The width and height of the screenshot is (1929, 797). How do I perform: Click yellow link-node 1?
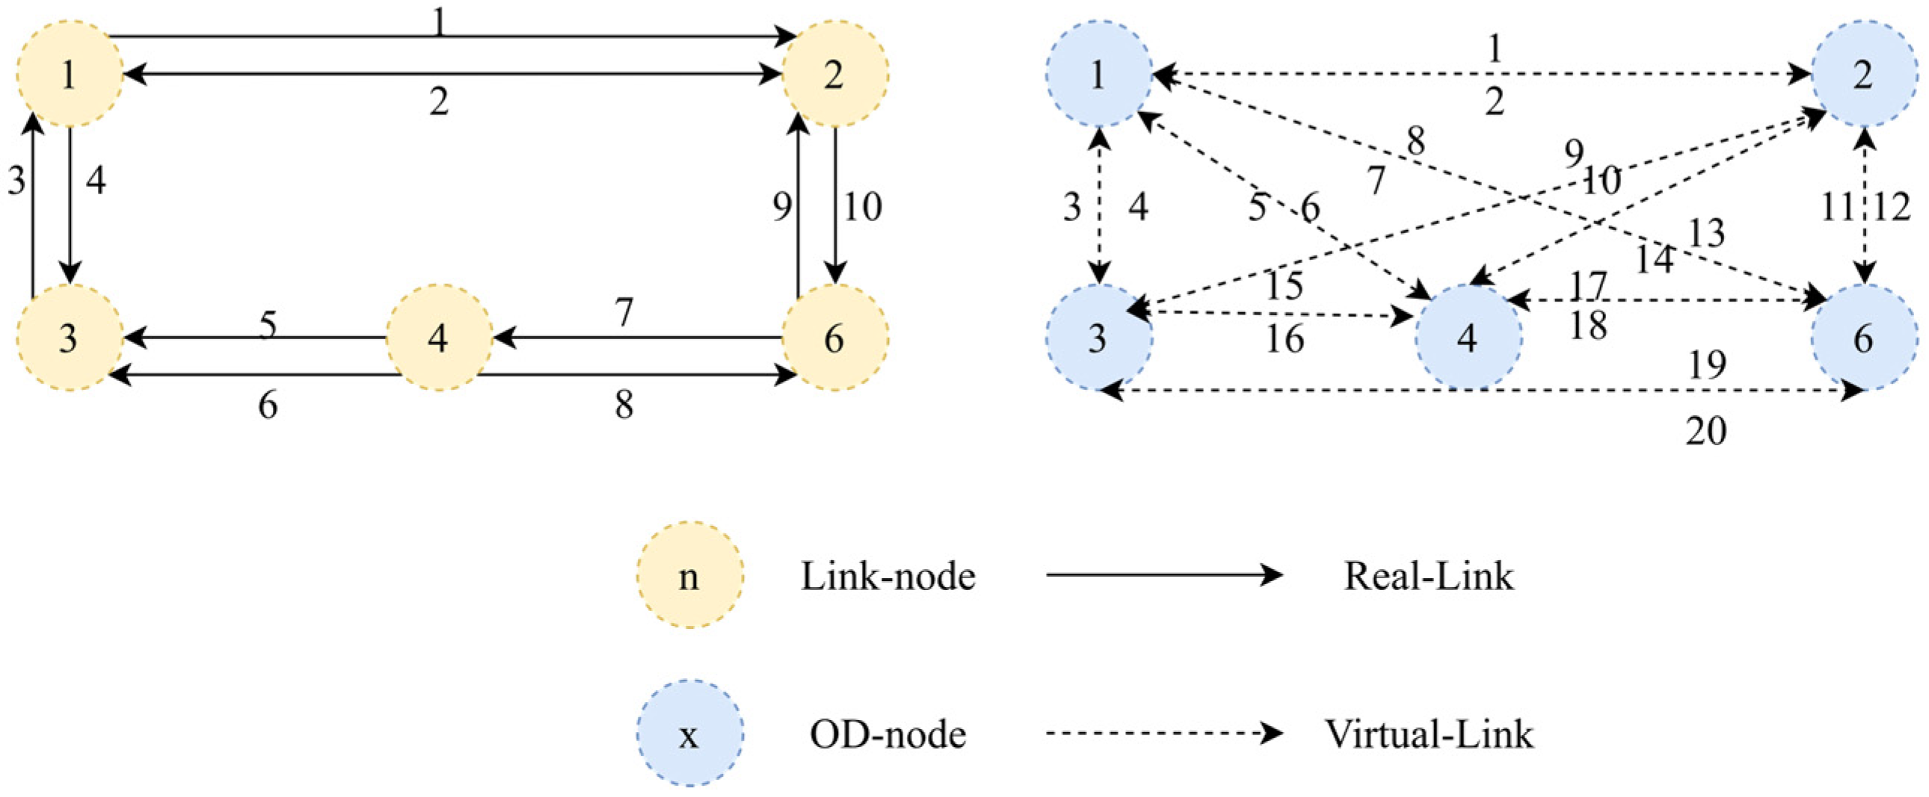coord(70,74)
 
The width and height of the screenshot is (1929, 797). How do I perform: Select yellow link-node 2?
coord(835,74)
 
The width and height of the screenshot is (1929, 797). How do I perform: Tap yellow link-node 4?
coord(439,338)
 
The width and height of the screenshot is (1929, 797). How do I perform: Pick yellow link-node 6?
coord(835,338)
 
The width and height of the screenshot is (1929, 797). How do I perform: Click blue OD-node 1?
coord(1098,74)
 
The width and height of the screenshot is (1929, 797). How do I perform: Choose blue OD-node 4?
coord(1468,338)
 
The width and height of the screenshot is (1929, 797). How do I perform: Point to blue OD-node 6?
coord(1865,338)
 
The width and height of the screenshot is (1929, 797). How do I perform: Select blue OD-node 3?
coord(1098,338)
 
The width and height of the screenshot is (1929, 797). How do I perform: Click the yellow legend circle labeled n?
coord(689,574)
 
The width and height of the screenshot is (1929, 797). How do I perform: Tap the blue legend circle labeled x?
coord(689,734)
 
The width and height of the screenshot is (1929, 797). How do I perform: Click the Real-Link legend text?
coord(1428,576)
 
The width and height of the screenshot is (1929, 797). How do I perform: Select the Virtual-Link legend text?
coord(1429,734)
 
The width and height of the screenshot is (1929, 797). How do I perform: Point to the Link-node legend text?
coord(888,576)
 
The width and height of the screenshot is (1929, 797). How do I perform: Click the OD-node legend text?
coord(888,734)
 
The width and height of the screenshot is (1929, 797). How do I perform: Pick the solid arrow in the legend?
coord(1165,574)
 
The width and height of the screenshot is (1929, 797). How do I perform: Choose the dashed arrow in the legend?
coord(1165,734)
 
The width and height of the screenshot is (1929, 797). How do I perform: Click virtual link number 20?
coord(1707,430)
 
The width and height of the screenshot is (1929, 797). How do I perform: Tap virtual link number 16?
coord(1285,339)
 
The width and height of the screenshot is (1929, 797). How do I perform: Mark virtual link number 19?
coord(1708,365)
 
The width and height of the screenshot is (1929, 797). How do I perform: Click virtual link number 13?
coord(1707,234)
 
